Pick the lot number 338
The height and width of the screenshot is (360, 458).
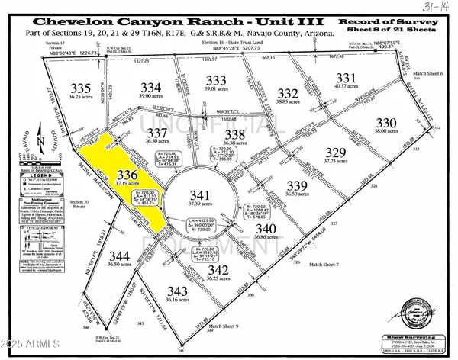point(235,134)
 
